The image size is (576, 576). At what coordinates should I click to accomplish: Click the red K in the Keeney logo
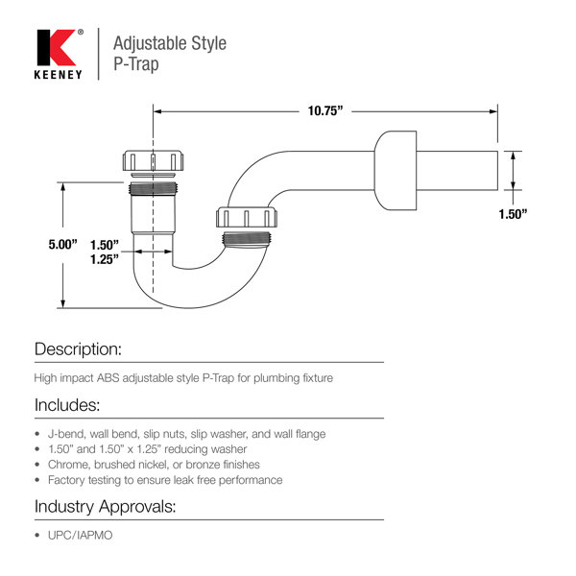pyautogui.click(x=62, y=47)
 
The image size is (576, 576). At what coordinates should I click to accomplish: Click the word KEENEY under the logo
pyautogui.click(x=58, y=75)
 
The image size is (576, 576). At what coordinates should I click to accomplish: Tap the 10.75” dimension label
pyautogui.click(x=325, y=110)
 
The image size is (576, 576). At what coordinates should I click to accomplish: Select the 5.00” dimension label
pyautogui.click(x=62, y=244)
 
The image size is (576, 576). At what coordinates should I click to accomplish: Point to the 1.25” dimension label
pyautogui.click(x=105, y=259)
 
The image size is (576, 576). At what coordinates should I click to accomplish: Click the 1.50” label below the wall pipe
pyautogui.click(x=513, y=214)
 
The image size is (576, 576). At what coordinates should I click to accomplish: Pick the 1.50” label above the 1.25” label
pyautogui.click(x=105, y=245)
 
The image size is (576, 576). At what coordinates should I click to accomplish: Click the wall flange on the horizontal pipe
pyautogui.click(x=396, y=171)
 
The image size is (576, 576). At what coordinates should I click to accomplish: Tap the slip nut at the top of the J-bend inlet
pyautogui.click(x=153, y=160)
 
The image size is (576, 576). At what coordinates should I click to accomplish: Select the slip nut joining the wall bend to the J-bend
pyautogui.click(x=247, y=217)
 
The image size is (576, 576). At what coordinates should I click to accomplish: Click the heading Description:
pyautogui.click(x=78, y=349)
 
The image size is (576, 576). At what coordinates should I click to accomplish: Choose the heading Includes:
pyautogui.click(x=67, y=405)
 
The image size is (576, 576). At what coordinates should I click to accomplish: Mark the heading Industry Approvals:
pyautogui.click(x=105, y=507)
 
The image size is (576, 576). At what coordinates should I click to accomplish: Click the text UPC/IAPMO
pyautogui.click(x=80, y=536)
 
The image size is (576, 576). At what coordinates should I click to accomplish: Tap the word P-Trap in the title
pyautogui.click(x=136, y=64)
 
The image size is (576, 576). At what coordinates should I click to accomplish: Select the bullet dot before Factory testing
pyautogui.click(x=37, y=480)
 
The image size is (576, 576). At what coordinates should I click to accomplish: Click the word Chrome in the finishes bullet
pyautogui.click(x=69, y=465)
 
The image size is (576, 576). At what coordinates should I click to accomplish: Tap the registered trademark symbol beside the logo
pyautogui.click(x=81, y=33)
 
